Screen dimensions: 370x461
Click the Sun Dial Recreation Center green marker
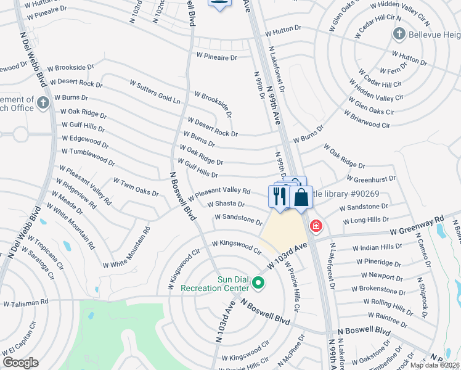click(258, 284)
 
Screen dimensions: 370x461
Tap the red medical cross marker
click(316, 226)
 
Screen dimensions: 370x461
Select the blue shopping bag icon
click(301, 199)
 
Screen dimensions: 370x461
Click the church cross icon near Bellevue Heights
click(399, 33)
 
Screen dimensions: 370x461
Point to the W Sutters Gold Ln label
click(155, 91)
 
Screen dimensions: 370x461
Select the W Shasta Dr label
click(226, 204)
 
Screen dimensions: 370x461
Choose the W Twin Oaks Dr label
click(136, 187)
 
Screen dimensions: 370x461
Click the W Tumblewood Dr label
click(88, 157)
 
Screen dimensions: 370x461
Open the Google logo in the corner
click(20, 363)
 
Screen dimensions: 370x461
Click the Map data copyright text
click(434, 365)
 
